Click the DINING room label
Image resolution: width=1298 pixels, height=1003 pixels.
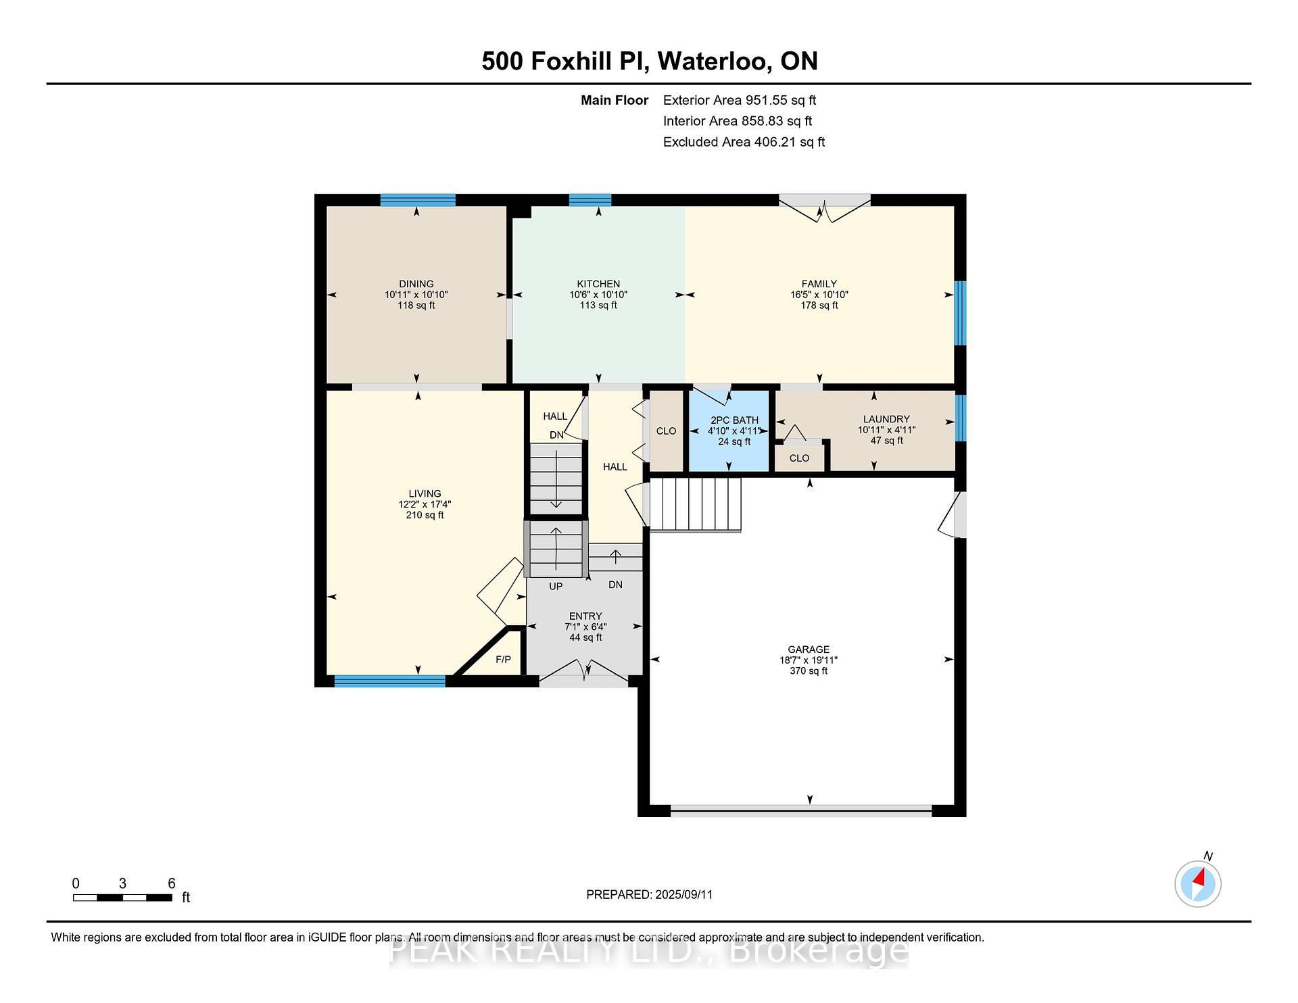[x=416, y=284]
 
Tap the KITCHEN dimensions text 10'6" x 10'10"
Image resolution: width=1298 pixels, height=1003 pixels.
[x=598, y=295]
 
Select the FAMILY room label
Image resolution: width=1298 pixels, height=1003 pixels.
[x=819, y=284]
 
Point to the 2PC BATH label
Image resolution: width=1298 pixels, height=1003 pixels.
[x=734, y=420]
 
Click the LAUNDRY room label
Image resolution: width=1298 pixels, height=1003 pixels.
[x=886, y=419]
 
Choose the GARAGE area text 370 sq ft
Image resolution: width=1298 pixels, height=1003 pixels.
[x=809, y=670]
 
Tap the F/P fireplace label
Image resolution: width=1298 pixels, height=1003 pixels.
[x=503, y=659]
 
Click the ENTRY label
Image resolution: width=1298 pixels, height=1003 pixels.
[x=585, y=616]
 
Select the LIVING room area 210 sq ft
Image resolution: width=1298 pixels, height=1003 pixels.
[x=425, y=515]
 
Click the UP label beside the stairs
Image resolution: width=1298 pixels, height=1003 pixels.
[x=556, y=586]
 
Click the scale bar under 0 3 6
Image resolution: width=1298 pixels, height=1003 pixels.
[x=122, y=898]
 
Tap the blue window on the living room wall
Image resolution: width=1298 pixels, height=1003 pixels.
[x=390, y=681]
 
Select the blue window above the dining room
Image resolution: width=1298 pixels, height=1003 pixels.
[x=417, y=200]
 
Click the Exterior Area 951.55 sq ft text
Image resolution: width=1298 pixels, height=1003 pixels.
[x=740, y=100]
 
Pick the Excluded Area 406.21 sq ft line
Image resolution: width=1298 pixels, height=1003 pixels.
[x=744, y=142]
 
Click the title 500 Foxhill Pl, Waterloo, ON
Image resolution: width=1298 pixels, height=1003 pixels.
[x=650, y=61]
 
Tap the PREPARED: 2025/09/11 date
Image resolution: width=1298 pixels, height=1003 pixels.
[x=649, y=894]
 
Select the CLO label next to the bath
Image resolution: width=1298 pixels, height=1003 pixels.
[x=666, y=431]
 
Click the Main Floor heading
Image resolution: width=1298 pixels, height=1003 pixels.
[x=615, y=100]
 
